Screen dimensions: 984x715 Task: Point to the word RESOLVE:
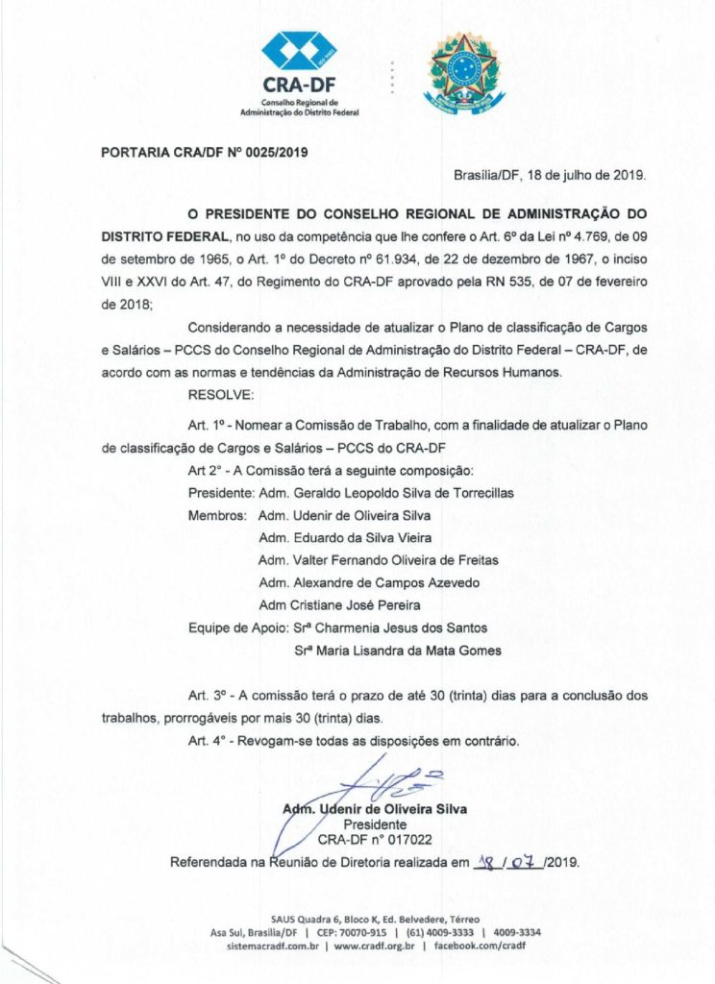[x=221, y=395]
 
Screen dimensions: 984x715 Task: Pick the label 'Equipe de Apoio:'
[x=232, y=627]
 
